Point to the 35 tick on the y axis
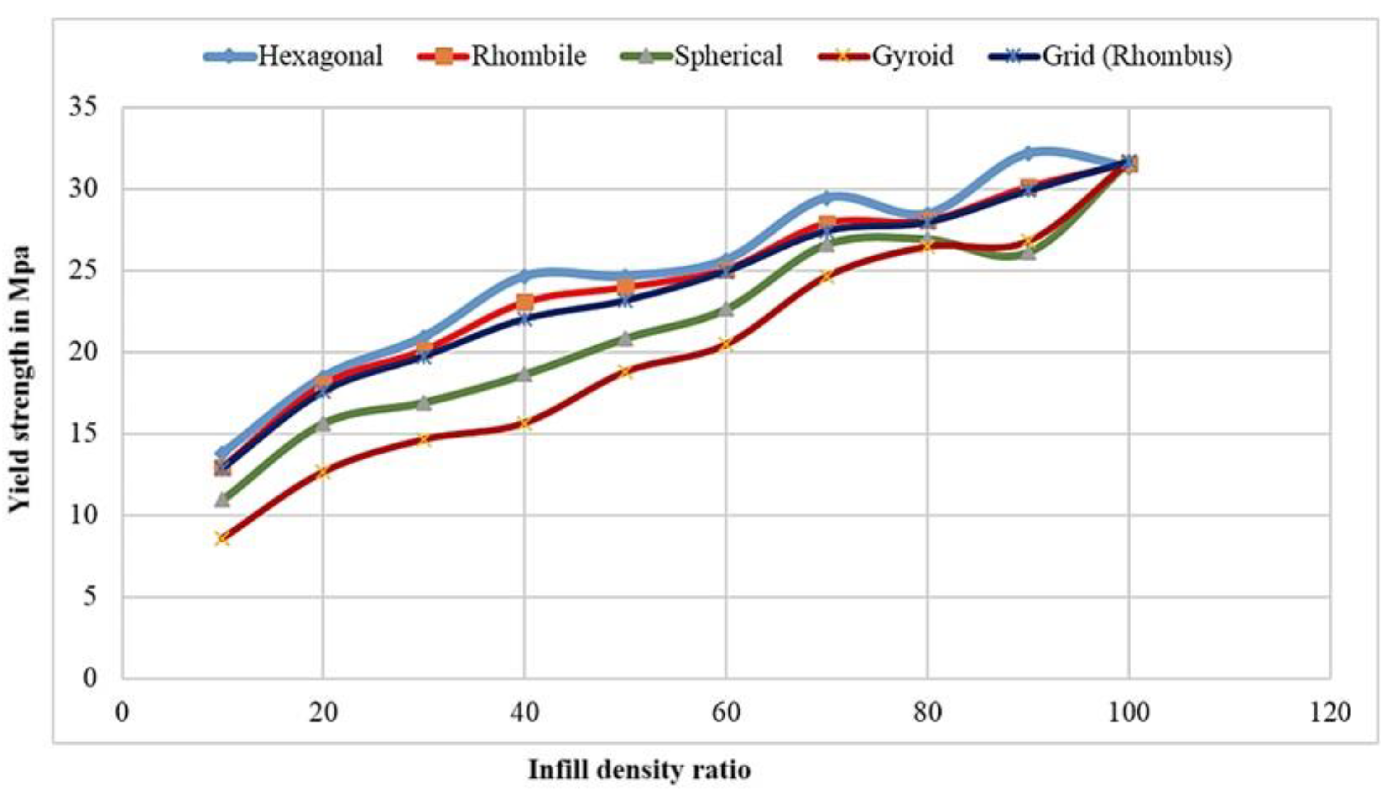(82, 107)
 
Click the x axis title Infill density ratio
(639, 770)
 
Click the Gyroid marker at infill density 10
(222, 539)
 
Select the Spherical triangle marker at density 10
(222, 499)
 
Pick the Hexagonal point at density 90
(1028, 153)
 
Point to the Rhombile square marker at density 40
(525, 302)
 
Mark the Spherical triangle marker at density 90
(1028, 253)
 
